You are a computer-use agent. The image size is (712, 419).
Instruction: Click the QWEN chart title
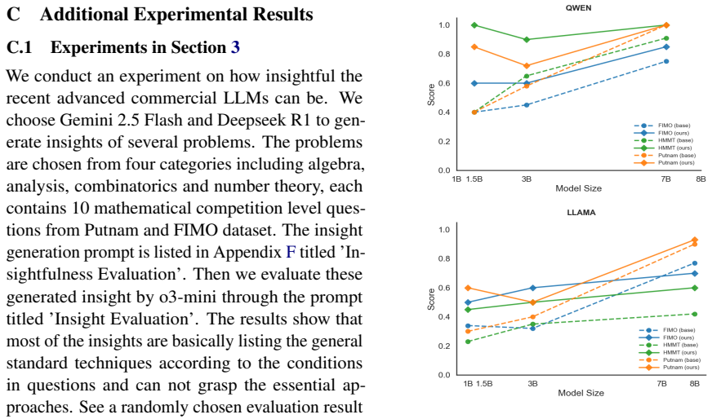[x=578, y=7]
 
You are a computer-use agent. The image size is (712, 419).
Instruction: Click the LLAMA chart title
[x=581, y=212]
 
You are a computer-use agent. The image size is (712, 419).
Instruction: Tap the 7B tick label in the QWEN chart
[x=665, y=179]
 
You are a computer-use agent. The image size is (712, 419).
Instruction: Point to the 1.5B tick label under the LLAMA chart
[x=484, y=384]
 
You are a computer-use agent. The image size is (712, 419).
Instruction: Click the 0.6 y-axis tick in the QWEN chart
[x=443, y=83]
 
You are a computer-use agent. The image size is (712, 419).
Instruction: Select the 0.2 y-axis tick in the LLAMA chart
[x=443, y=346]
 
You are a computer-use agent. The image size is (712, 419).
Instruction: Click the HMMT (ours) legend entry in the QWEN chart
[x=663, y=148]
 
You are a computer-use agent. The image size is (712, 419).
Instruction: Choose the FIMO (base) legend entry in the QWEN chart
[x=662, y=126]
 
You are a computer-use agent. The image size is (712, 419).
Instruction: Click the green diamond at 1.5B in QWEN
[x=474, y=25]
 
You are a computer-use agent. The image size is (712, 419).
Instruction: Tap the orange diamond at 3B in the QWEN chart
[x=527, y=66]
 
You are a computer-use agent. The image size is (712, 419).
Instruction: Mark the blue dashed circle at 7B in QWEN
[x=666, y=61]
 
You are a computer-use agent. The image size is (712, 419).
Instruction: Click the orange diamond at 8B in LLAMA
[x=695, y=240]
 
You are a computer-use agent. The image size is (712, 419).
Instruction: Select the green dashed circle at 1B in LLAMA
[x=468, y=342]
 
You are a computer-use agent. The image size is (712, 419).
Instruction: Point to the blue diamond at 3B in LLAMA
[x=532, y=288]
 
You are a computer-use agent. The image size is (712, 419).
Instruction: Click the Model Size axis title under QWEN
[x=578, y=188]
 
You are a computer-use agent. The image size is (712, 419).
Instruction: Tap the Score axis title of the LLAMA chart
[x=431, y=299]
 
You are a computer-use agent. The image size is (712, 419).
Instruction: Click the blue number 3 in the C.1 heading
[x=235, y=47]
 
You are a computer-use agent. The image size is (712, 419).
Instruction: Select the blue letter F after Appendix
[x=291, y=252]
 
